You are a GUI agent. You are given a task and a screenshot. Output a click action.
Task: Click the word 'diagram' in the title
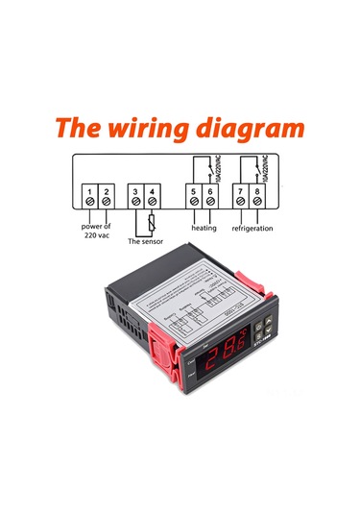click(x=252, y=128)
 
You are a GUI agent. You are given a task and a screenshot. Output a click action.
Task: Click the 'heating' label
click(x=204, y=229)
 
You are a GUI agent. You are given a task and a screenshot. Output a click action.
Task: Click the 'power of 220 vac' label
click(x=96, y=233)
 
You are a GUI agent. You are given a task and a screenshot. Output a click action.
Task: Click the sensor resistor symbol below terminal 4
click(x=152, y=224)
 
